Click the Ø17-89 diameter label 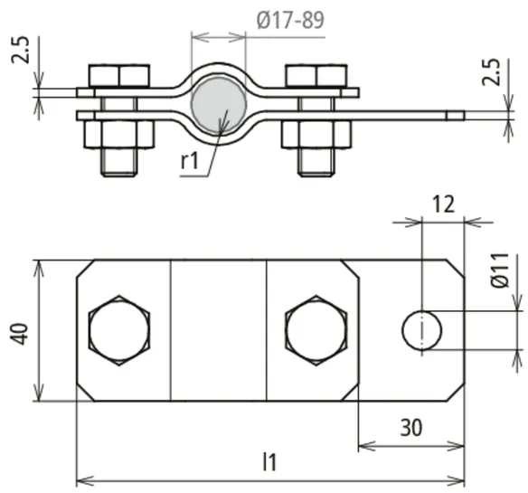click(x=290, y=20)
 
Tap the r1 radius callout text click(x=190, y=161)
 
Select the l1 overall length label click(x=269, y=462)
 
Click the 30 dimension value click(x=411, y=428)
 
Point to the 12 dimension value click(x=444, y=204)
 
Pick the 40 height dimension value click(x=20, y=334)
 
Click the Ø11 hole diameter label click(x=499, y=270)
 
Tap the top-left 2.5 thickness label click(x=20, y=50)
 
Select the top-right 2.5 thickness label click(x=490, y=72)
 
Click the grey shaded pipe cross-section click(x=219, y=105)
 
